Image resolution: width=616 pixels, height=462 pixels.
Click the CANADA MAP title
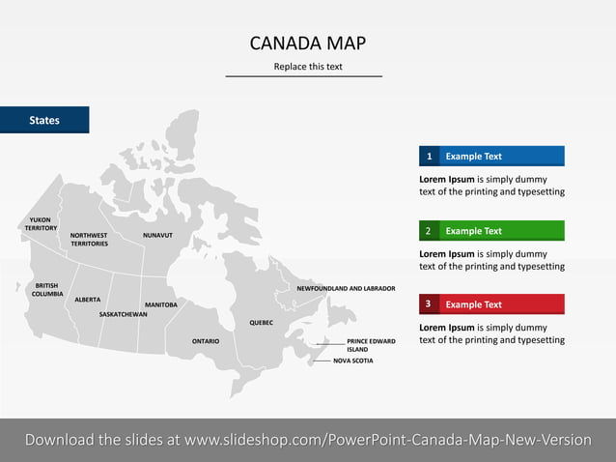point(307,43)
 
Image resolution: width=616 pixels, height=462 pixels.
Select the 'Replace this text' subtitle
point(307,67)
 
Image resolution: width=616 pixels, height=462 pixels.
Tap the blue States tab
point(44,120)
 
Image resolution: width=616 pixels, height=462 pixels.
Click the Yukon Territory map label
point(41,223)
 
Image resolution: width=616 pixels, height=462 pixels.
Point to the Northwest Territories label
point(89,239)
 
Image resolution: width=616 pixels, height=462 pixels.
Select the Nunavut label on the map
point(157,235)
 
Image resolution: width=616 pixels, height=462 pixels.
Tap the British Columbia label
point(47,289)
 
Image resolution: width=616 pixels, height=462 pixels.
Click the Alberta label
point(88,300)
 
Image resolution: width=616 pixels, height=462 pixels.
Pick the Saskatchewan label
point(124,314)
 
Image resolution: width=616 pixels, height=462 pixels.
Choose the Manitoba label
point(161,304)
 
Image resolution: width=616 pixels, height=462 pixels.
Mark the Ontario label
point(206,341)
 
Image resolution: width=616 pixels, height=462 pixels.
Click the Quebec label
point(263,322)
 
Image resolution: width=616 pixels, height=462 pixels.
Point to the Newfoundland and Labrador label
point(346,288)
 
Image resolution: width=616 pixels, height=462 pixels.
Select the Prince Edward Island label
point(372,345)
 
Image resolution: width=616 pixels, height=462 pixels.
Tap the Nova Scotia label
point(352,361)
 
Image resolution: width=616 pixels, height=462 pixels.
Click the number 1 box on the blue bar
point(429,157)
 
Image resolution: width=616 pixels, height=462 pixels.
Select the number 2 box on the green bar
point(429,231)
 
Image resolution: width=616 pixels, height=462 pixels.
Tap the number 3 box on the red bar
point(429,304)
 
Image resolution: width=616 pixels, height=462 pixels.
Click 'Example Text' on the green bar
point(473,231)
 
